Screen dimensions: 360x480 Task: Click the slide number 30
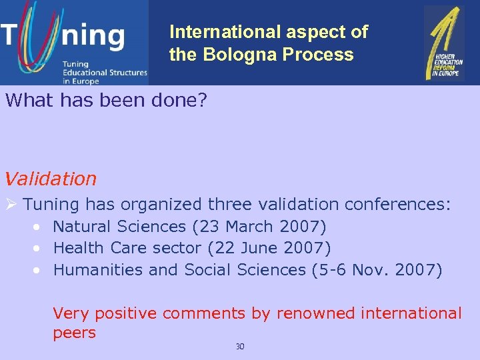point(240,346)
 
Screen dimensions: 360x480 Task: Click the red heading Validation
point(50,179)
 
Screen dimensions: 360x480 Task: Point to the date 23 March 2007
point(259,227)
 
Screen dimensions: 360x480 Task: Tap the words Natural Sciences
point(120,227)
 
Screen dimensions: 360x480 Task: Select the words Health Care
point(93,248)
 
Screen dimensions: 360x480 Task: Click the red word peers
point(74,333)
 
